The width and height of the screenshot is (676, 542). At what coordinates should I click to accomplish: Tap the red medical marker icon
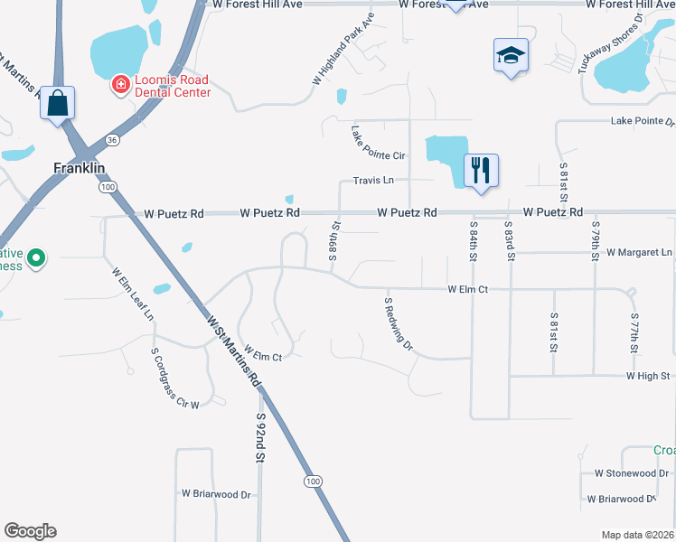point(119,85)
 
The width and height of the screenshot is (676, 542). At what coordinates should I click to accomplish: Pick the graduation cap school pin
point(511,55)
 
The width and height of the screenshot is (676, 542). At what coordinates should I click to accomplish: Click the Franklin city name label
point(80,168)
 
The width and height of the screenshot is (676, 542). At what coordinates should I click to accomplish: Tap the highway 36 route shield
point(112,140)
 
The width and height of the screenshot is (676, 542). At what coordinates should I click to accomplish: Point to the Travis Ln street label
point(373,181)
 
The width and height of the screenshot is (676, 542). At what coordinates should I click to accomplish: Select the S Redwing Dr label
point(399,324)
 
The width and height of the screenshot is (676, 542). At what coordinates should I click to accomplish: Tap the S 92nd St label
point(260,438)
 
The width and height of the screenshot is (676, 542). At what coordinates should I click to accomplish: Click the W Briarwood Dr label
point(216,494)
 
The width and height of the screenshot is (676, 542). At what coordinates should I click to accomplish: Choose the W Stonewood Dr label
point(631,472)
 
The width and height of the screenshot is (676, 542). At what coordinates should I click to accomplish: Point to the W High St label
point(646,376)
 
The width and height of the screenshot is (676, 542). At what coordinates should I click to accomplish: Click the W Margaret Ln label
point(640,252)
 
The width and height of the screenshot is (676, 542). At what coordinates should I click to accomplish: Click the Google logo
point(30,531)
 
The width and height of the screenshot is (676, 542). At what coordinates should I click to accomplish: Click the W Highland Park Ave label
point(343,50)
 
